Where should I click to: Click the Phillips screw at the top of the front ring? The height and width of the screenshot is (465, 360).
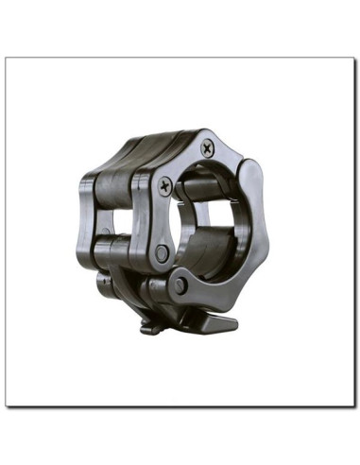click(207, 147)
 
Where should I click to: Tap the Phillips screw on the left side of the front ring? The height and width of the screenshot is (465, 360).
click(166, 186)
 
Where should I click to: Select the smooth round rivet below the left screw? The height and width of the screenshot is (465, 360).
click(163, 253)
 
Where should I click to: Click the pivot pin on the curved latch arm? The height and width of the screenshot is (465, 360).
click(180, 284)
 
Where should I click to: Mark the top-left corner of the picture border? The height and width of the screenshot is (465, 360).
click(6, 58)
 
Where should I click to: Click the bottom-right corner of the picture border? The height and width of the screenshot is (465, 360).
click(353, 406)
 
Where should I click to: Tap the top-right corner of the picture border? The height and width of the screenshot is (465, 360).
click(353, 58)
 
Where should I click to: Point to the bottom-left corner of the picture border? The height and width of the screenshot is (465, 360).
click(6, 406)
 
